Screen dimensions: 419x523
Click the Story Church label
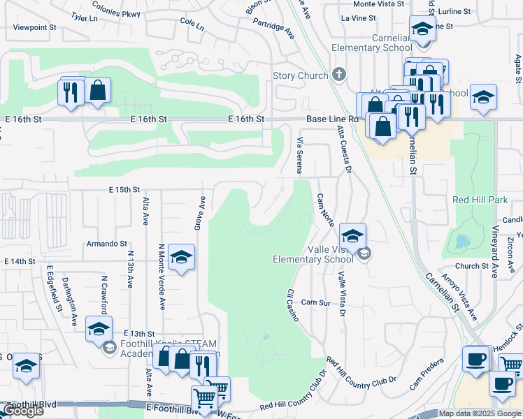(x=300, y=75)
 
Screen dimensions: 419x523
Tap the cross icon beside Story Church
(x=338, y=74)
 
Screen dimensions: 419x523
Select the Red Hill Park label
(x=480, y=200)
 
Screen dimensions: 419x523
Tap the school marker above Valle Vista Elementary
(x=353, y=235)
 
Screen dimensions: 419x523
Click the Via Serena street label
(x=299, y=155)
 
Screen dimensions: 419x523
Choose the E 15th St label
(x=124, y=189)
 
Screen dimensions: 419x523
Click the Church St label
(x=472, y=266)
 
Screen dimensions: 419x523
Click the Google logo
(x=22, y=411)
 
